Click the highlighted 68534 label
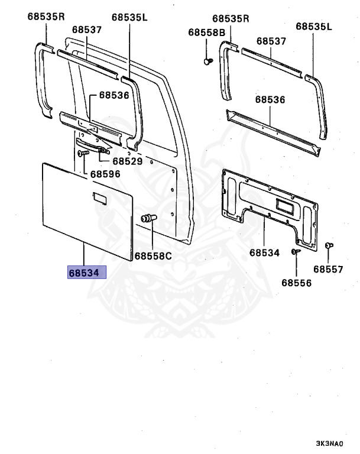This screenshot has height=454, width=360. [86, 273]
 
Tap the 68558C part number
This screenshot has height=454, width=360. [153, 256]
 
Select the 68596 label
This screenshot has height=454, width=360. [105, 174]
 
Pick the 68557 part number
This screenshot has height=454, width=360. [328, 270]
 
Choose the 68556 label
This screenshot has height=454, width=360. [296, 283]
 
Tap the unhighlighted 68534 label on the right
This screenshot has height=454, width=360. [264, 253]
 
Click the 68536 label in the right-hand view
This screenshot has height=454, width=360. [271, 100]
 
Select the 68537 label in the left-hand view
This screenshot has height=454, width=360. [87, 29]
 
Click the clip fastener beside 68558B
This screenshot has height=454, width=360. [207, 60]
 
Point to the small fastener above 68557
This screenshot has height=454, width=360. [330, 245]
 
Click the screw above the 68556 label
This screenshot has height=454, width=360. [296, 252]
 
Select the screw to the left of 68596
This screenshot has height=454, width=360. [82, 153]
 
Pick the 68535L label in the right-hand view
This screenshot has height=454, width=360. [314, 27]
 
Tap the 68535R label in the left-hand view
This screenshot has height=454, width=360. [46, 17]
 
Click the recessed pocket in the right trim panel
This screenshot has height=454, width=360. [286, 206]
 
